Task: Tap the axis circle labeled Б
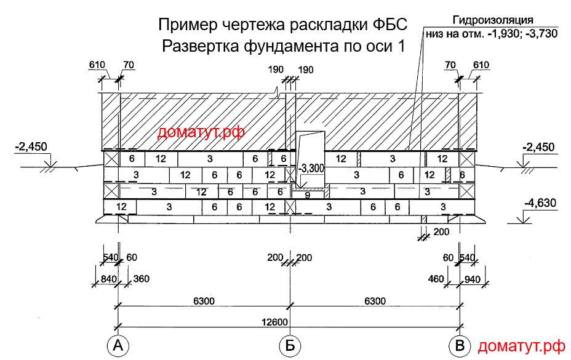coord(289,346)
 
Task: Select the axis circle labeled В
coord(460,346)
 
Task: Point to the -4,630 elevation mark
coord(540,202)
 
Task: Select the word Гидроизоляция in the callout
coord(492,20)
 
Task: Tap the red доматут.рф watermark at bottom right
coord(521,346)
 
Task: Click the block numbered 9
coord(308,195)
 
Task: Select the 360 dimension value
coord(142,279)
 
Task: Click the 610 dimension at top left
coord(97,65)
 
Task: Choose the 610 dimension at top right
coord(481,65)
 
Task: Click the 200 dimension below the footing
coord(441,233)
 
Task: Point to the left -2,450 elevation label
coord(32,146)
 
